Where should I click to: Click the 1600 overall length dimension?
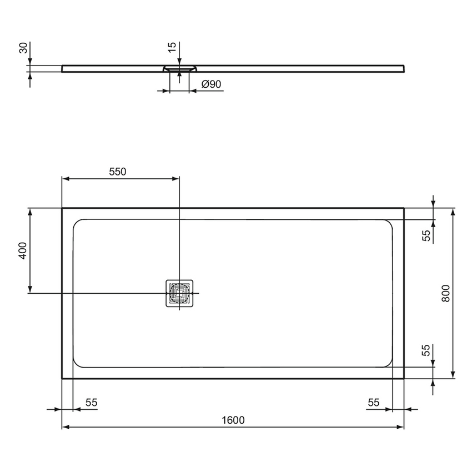point(233,420)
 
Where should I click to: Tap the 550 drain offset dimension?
point(118,172)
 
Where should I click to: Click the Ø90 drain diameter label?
point(211,84)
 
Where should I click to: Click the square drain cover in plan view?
point(179,293)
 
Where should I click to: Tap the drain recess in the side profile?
point(179,68)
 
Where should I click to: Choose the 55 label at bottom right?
point(373,403)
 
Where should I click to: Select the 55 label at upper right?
point(426,235)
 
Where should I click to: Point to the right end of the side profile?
point(404,68)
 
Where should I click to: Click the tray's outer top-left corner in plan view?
point(62,208)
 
